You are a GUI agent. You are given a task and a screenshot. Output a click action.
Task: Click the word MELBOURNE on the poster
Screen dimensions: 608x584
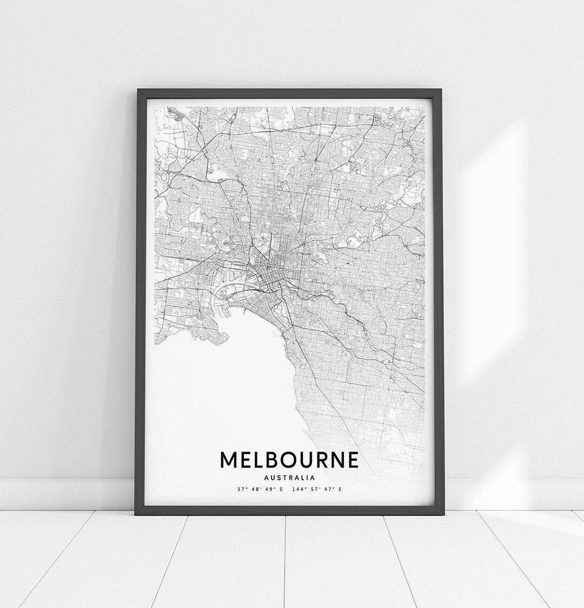[289, 460]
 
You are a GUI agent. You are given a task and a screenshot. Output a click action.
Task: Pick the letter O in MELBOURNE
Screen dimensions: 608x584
[285, 460]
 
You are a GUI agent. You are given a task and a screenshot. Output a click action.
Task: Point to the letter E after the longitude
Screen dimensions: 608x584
[340, 490]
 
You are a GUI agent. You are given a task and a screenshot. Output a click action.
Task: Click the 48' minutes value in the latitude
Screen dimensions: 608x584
[255, 490]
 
